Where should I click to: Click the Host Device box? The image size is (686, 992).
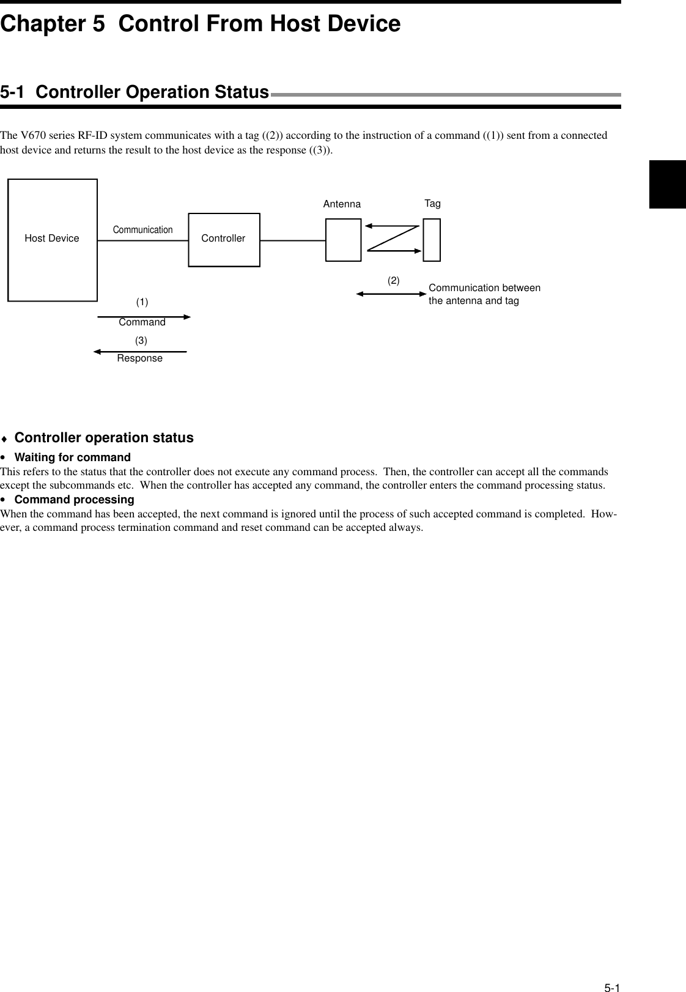tap(53, 240)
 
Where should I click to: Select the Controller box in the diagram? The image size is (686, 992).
tap(224, 240)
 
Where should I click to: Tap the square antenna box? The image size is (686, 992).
tap(343, 239)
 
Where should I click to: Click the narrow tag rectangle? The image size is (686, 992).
tap(432, 239)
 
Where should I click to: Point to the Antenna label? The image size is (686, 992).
tap(342, 204)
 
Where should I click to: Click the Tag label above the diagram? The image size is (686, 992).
tap(432, 203)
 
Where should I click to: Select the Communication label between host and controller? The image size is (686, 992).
tap(142, 230)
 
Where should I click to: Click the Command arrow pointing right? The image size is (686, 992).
tap(144, 317)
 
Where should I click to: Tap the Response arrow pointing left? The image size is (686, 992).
tap(140, 352)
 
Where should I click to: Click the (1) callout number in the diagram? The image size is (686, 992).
tap(142, 302)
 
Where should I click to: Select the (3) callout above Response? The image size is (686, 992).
tap(141, 339)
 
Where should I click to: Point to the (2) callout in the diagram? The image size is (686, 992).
tap(393, 281)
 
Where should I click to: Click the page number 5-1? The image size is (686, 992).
tap(612, 971)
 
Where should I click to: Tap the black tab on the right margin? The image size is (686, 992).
tap(668, 184)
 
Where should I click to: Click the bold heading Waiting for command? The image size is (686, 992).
tap(72, 457)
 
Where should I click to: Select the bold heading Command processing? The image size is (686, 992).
tap(74, 500)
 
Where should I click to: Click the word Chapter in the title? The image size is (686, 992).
tap(41, 24)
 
